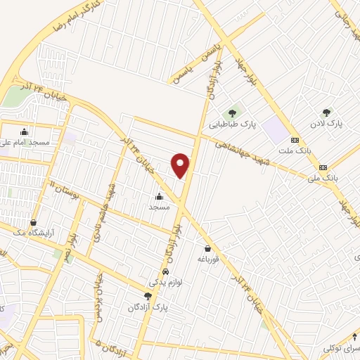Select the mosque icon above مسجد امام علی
25,131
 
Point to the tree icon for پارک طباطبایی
231,112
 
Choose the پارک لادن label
327,123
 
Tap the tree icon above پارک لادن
326,112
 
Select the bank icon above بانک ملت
295,140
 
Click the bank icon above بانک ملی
323,167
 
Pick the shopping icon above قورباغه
207,248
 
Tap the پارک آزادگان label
148,307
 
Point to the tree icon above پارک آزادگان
148,297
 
